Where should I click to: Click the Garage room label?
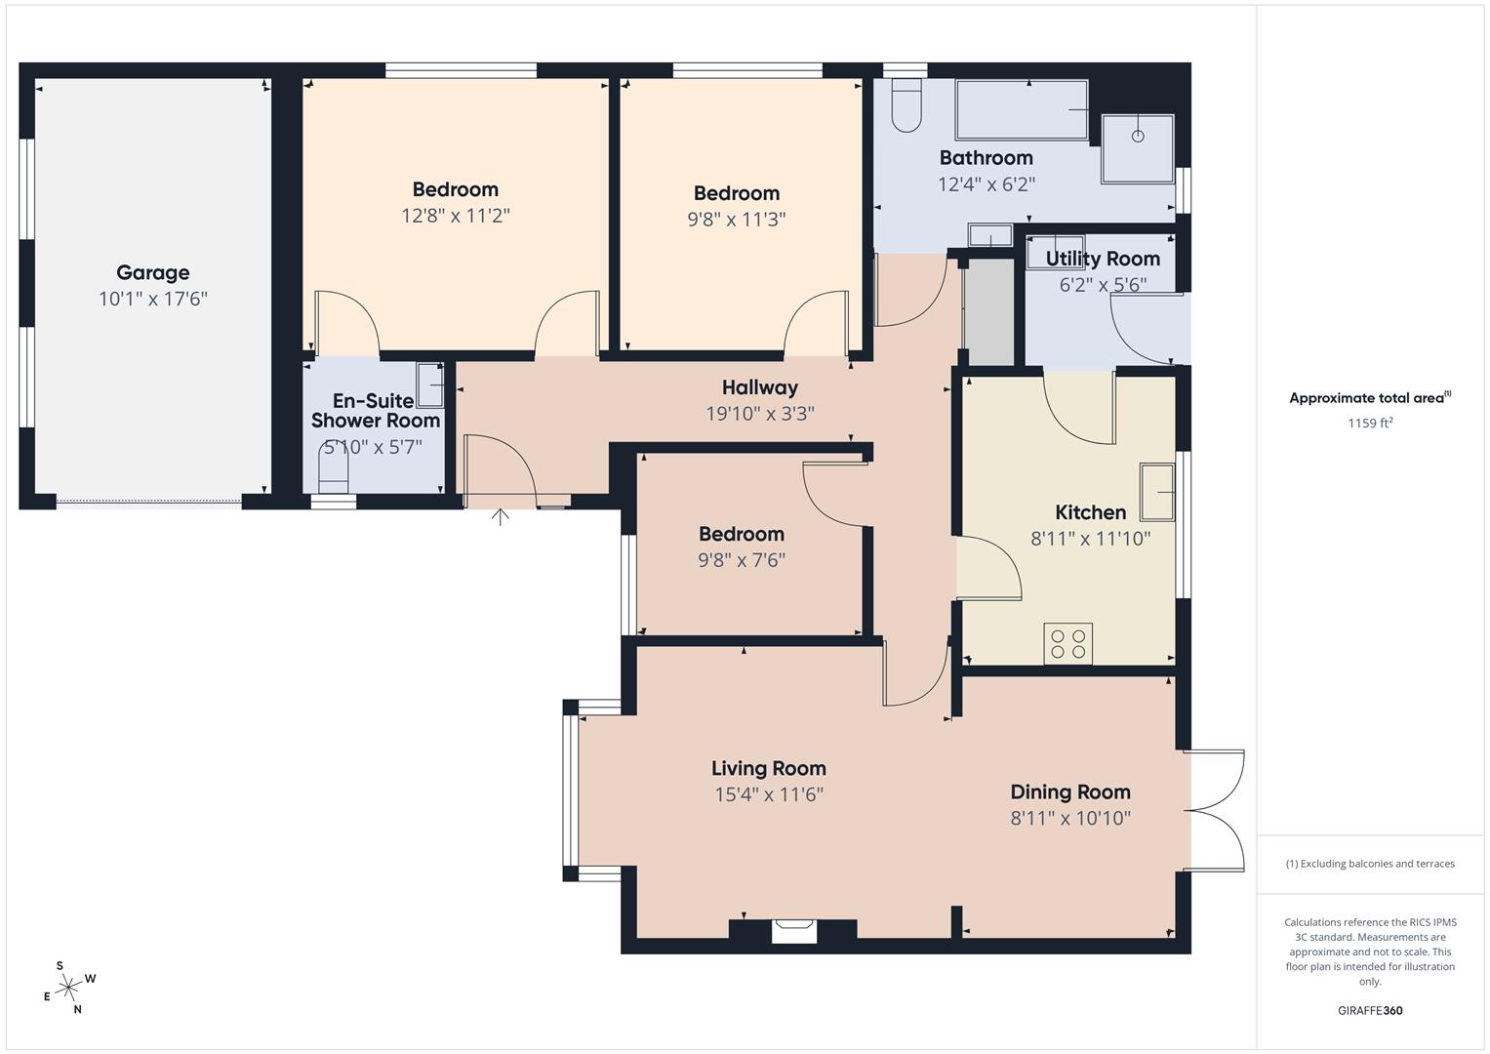(x=152, y=273)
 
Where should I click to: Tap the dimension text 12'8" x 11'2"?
(x=455, y=216)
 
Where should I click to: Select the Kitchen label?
(x=1090, y=512)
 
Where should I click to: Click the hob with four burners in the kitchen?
(x=1067, y=644)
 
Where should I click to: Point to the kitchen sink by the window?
(x=1157, y=492)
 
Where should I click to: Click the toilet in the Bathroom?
(x=906, y=105)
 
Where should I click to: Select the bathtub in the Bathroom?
(x=1021, y=110)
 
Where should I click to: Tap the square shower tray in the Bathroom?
(x=1138, y=148)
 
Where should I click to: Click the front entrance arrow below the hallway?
(x=500, y=516)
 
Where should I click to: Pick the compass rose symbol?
(x=68, y=989)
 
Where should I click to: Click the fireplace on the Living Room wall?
(x=793, y=931)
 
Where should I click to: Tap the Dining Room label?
(x=1069, y=792)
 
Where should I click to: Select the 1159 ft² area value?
(x=1369, y=424)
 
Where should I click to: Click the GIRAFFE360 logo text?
(x=1369, y=1010)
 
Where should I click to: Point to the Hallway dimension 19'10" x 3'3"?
(x=759, y=414)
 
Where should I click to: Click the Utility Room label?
(x=1103, y=260)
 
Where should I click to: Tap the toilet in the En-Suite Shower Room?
(x=333, y=471)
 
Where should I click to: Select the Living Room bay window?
(x=570, y=790)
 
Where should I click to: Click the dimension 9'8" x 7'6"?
(x=741, y=560)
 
